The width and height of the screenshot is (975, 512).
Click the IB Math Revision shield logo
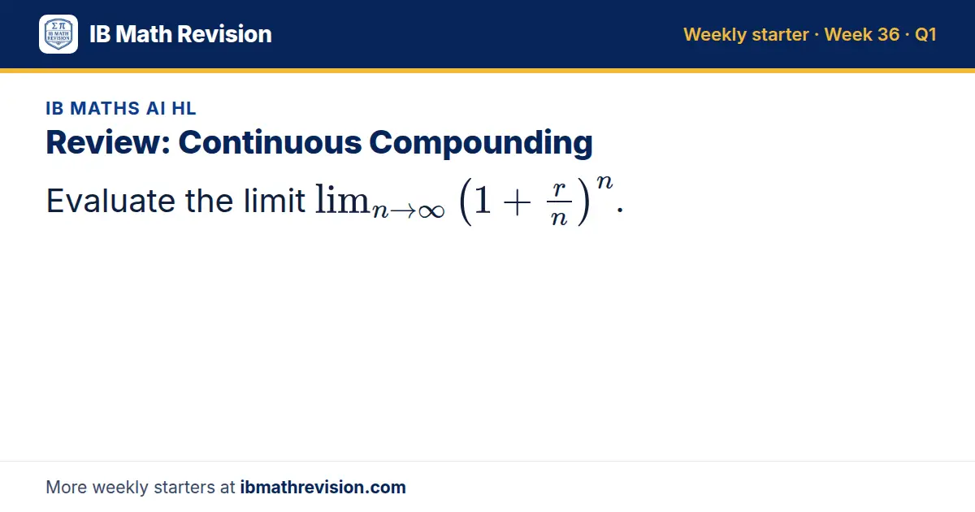pyautogui.click(x=58, y=34)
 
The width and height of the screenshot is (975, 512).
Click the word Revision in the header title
pyautogui.click(x=224, y=34)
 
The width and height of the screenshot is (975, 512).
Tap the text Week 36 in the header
pyautogui.click(x=862, y=34)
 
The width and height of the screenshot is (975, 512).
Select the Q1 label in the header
pyautogui.click(x=925, y=34)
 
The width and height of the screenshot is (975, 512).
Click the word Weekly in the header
pyautogui.click(x=715, y=34)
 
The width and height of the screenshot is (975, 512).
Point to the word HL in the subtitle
pyautogui.click(x=184, y=108)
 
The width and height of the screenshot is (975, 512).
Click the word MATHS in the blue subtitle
pyautogui.click(x=105, y=108)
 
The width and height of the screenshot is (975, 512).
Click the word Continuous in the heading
pyautogui.click(x=270, y=142)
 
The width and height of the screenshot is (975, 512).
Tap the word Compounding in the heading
pyautogui.click(x=481, y=143)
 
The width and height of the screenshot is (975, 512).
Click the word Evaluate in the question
pyautogui.click(x=110, y=201)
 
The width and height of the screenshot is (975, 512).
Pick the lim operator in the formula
pyautogui.click(x=342, y=199)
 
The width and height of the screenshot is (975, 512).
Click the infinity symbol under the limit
pyautogui.click(x=431, y=211)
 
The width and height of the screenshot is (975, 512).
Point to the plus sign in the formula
pyautogui.click(x=517, y=202)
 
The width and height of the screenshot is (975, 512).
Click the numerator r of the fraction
pyautogui.click(x=559, y=189)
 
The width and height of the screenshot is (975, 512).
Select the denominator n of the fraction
pyautogui.click(x=559, y=217)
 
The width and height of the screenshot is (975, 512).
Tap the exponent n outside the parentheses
pyautogui.click(x=604, y=181)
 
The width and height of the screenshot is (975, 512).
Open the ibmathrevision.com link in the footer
pyautogui.click(x=323, y=487)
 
